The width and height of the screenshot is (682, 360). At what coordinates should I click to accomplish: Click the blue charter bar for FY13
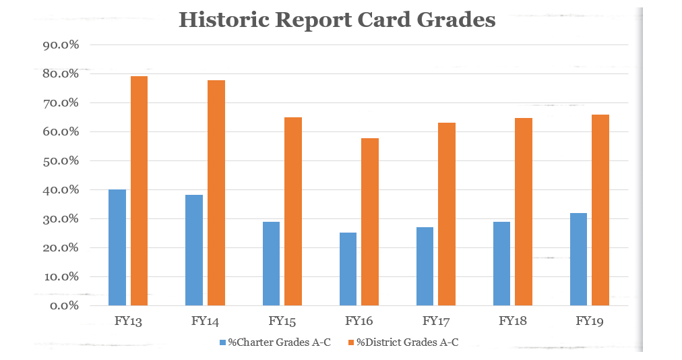[x=117, y=247]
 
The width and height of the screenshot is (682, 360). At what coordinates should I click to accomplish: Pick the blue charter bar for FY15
[x=271, y=264]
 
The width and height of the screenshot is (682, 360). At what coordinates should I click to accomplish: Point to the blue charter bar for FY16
[x=348, y=269]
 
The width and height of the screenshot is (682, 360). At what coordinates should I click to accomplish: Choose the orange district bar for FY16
[x=369, y=222]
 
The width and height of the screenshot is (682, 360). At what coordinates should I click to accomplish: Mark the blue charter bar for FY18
[x=501, y=264]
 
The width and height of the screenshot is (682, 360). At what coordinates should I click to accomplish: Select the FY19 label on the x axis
[x=590, y=321]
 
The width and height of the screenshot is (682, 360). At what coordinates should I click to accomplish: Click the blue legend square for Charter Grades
[x=223, y=342]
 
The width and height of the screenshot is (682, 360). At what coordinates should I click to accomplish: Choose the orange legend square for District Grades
[x=350, y=342]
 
